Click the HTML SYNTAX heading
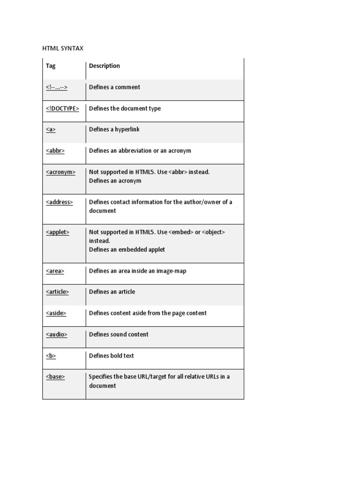pos(63,48)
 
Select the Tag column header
pos(51,66)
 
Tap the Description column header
pos(105,66)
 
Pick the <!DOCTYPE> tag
pos(62,108)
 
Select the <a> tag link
pos(51,129)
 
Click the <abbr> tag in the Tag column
pos(55,151)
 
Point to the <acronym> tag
pos(60,172)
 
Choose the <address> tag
pos(60,202)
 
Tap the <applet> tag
pos(58,232)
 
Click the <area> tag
pos(55,271)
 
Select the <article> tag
pos(57,292)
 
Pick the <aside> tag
pos(56,313)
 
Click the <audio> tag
pos(57,334)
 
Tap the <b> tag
pos(51,356)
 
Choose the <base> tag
pos(55,376)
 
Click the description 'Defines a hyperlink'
pos(114,129)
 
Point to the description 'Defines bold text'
pos(112,356)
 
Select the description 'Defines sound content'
pos(119,334)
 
